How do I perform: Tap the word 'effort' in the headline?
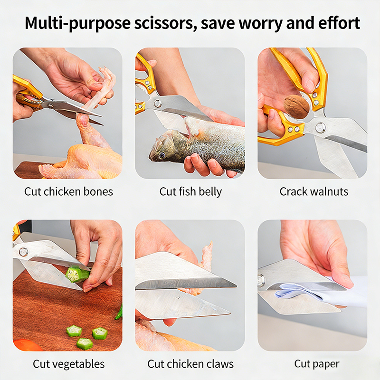tap(339, 23)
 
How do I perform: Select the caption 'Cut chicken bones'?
tap(68, 191)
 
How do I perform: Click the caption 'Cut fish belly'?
tap(190, 192)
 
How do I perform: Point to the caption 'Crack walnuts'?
tap(314, 191)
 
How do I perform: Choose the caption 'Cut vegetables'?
tap(68, 364)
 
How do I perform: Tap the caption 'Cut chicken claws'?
tap(190, 364)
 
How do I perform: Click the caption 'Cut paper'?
tap(316, 364)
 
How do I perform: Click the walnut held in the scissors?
tap(296, 106)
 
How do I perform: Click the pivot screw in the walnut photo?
tap(320, 127)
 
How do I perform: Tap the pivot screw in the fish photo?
tap(158, 104)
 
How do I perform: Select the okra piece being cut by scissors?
tap(77, 275)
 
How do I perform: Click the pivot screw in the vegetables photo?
tap(23, 252)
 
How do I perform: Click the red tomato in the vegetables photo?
tap(27, 345)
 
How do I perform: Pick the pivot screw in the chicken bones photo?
tap(50, 106)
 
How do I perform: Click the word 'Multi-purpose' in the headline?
tap(77, 23)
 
